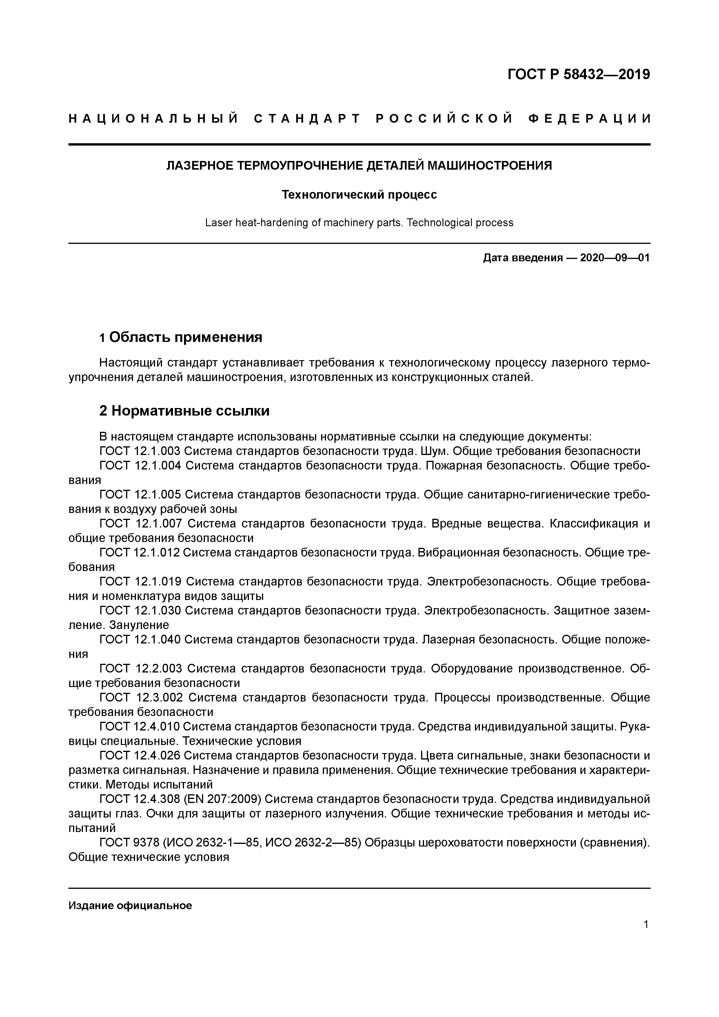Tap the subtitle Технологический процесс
[359, 195]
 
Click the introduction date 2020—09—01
[614, 258]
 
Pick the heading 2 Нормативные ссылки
[184, 411]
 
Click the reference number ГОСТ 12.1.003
[139, 451]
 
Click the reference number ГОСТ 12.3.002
[141, 698]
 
